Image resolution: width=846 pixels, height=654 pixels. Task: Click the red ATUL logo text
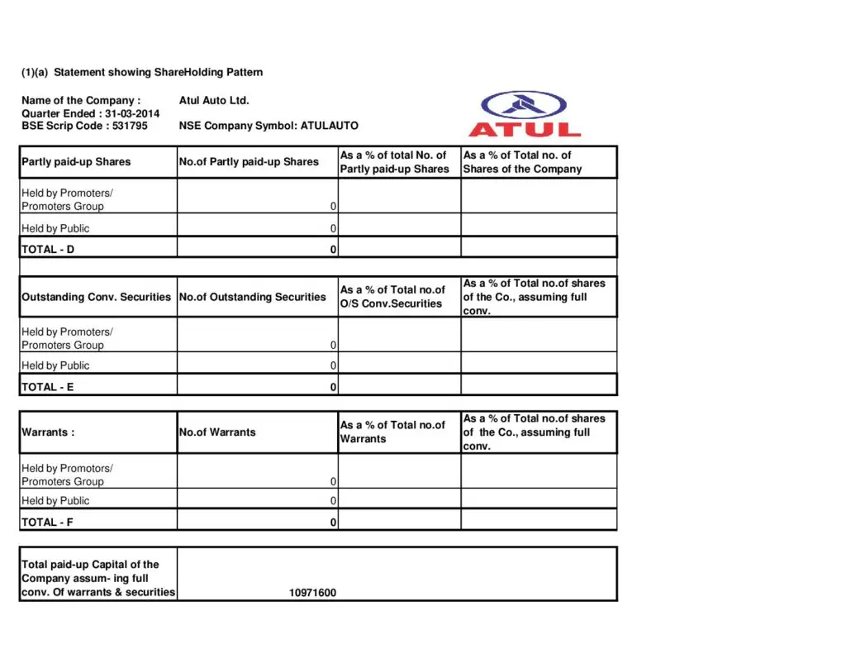(525, 129)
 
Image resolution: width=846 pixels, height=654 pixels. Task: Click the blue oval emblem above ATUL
(524, 104)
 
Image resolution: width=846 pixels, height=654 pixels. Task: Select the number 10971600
(312, 593)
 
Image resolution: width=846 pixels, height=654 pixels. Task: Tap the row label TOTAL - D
(48, 249)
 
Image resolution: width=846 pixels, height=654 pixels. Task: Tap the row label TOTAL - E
(47, 386)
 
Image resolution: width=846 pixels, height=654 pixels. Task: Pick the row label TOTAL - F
(47, 522)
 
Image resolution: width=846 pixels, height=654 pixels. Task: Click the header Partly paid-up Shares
(76, 162)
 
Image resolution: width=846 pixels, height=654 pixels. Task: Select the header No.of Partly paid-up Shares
(249, 162)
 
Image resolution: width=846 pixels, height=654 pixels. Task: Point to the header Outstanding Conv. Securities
(96, 297)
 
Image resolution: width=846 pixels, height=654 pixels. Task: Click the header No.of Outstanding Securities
(253, 297)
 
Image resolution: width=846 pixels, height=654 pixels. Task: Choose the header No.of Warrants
(217, 432)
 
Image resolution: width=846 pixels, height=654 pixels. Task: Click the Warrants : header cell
(48, 432)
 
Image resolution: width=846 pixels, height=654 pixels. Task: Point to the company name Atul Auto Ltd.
(214, 100)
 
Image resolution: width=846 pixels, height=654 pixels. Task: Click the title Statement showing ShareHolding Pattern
(158, 72)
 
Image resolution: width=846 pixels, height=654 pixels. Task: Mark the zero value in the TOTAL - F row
(333, 523)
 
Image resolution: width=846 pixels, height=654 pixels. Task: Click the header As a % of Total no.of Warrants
(392, 432)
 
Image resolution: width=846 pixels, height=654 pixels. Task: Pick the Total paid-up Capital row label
(97, 578)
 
